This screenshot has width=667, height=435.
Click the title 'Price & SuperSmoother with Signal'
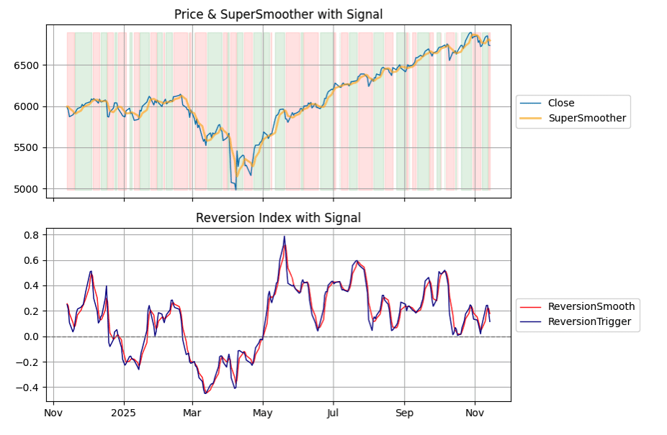[x=278, y=14]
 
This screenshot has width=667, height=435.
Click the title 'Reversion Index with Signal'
[x=278, y=218]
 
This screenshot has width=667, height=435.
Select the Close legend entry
[x=560, y=103]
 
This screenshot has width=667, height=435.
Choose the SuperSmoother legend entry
[x=587, y=118]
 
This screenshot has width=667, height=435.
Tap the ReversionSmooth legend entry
[x=591, y=307]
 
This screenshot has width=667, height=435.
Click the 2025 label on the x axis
[x=124, y=413]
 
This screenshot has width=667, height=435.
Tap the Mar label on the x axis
[x=192, y=413]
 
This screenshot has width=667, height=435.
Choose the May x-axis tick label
[x=263, y=413]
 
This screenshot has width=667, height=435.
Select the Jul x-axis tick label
[x=333, y=413]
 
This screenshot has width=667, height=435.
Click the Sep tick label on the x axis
[x=404, y=413]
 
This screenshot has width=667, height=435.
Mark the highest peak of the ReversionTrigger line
[x=285, y=237]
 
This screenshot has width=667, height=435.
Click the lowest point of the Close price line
[x=236, y=189]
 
